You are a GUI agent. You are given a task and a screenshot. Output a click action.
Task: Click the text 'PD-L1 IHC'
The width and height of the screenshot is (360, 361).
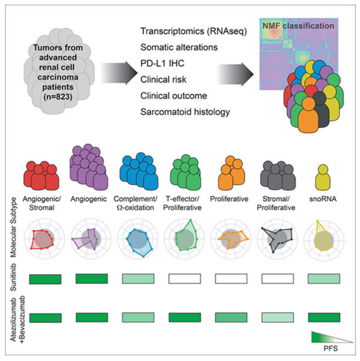(162, 64)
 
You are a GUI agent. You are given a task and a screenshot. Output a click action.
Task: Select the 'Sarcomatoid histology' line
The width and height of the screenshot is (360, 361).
(185, 112)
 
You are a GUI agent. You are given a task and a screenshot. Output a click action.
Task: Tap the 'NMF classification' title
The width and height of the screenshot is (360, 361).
(298, 26)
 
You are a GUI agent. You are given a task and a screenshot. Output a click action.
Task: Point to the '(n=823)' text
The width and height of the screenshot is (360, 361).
(58, 97)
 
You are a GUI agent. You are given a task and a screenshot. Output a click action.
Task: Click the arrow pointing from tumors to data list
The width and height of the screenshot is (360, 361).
(120, 73)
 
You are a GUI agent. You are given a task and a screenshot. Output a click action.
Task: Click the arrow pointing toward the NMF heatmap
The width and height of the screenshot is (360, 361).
(235, 74)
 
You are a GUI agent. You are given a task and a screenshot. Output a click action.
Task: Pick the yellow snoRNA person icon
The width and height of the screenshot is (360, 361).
(323, 177)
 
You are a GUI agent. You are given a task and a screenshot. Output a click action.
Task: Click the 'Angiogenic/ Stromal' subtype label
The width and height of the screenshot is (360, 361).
(42, 203)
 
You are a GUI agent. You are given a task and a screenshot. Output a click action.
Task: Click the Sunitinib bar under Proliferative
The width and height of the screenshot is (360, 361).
(231, 279)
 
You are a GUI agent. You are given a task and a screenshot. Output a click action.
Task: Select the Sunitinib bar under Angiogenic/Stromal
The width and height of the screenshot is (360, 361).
(45, 279)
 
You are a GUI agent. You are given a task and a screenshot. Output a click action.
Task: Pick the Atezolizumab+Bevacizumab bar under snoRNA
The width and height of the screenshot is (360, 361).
(324, 317)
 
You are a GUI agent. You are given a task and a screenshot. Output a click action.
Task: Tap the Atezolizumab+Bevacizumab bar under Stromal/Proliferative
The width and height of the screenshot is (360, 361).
(277, 317)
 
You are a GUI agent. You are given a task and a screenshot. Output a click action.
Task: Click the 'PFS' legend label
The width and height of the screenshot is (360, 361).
(331, 348)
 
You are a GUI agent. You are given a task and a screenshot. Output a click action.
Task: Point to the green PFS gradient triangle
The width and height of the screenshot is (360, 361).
(323, 338)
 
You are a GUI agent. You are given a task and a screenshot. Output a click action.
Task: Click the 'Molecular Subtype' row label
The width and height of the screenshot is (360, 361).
(14, 227)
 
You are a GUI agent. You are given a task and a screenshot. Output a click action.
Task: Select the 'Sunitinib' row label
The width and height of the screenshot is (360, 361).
(14, 277)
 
